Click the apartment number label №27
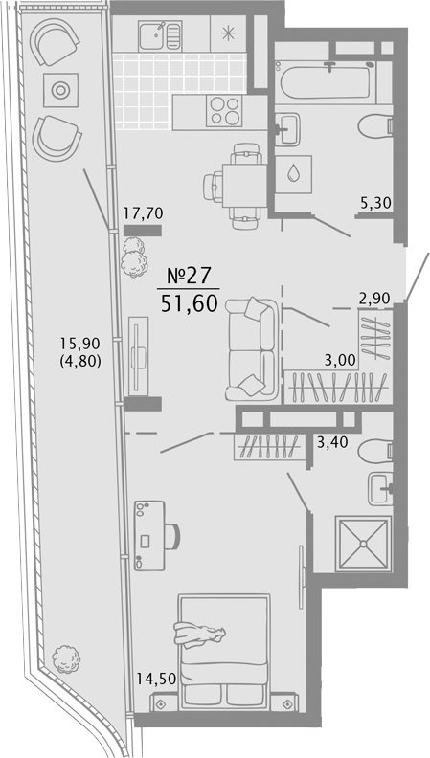(189, 276)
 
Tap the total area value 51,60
(189, 304)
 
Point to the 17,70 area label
(143, 212)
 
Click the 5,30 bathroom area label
(375, 203)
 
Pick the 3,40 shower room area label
(332, 442)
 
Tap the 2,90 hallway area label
(374, 299)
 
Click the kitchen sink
(160, 36)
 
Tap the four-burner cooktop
(224, 111)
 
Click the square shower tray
(363, 544)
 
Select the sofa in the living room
(252, 350)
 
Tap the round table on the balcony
(60, 90)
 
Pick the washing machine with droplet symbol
(293, 174)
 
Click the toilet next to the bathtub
(375, 126)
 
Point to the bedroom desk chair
(172, 537)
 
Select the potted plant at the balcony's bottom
(66, 658)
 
